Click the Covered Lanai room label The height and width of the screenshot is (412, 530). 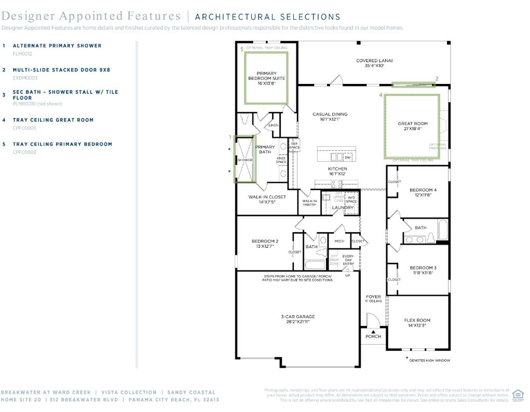(x=374, y=63)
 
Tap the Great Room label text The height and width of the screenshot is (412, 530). (x=413, y=126)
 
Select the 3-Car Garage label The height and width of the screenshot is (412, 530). (x=298, y=319)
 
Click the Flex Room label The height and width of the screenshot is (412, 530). (x=417, y=323)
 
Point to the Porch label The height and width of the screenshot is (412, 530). (x=373, y=336)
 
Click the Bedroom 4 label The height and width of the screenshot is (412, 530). (x=423, y=192)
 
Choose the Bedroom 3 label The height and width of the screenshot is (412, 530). (x=423, y=270)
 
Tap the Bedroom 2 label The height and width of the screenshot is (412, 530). (x=265, y=244)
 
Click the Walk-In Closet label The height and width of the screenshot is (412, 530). (x=267, y=199)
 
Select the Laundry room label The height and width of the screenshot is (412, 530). (x=343, y=208)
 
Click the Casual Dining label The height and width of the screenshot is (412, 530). (x=330, y=117)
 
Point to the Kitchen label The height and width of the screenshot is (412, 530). (x=337, y=171)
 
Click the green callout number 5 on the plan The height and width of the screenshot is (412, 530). (x=241, y=49)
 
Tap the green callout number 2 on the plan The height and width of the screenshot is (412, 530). (x=437, y=79)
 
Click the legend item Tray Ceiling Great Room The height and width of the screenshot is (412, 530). (x=53, y=120)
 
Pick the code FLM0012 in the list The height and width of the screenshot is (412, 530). (x=22, y=53)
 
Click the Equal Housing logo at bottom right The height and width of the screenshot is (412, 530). (x=518, y=395)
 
